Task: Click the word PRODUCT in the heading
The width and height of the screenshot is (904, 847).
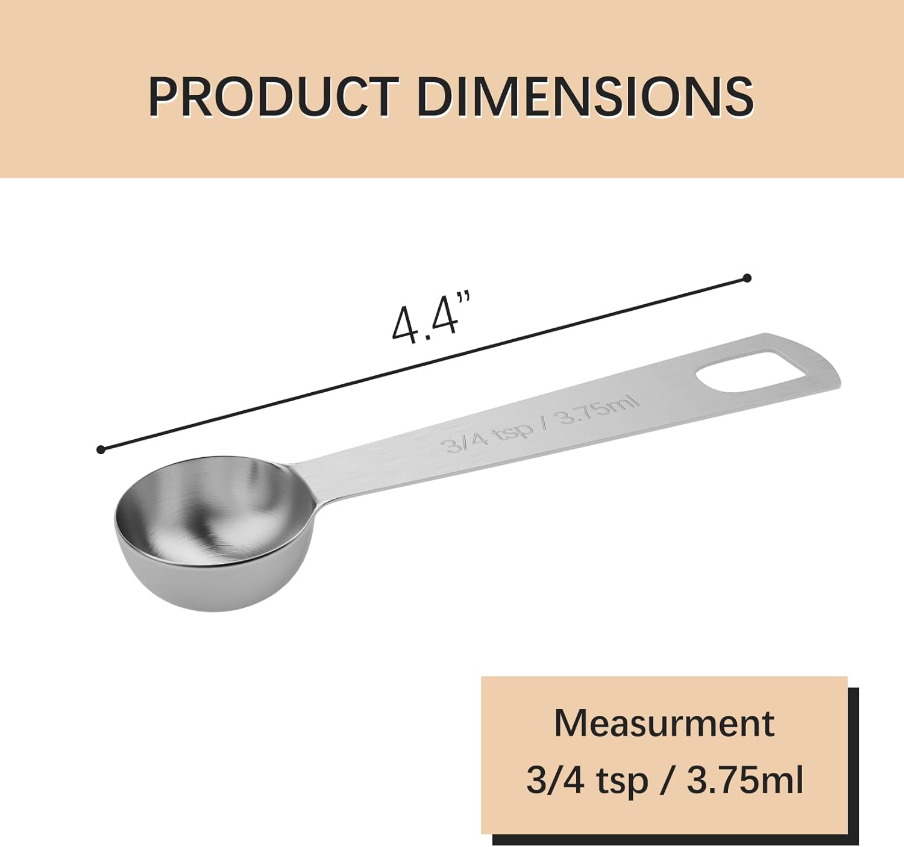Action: [x=273, y=96]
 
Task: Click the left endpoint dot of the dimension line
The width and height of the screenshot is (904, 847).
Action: [x=101, y=449]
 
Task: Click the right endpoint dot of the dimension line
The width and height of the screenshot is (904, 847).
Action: [x=747, y=278]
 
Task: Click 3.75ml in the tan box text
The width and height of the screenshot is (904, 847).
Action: [x=745, y=780]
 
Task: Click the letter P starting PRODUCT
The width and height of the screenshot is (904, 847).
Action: [x=163, y=96]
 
